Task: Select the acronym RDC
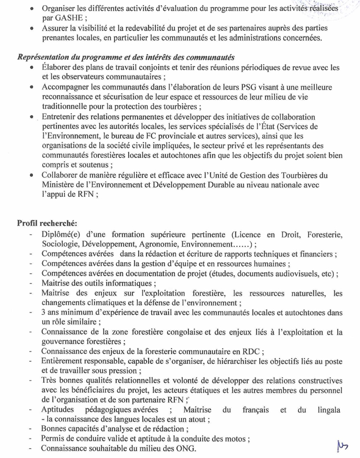251,352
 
